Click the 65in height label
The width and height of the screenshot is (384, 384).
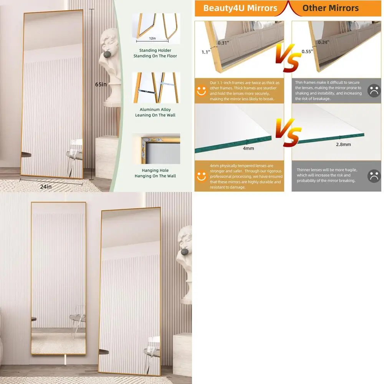101,84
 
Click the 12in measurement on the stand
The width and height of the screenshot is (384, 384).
152,38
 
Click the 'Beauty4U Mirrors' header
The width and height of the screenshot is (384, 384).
240,8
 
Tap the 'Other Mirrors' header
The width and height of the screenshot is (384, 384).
330,8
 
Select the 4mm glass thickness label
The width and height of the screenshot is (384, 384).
248,148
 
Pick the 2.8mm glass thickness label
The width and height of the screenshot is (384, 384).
343,144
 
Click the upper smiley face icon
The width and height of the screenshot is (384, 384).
202,91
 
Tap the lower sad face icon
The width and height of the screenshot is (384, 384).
374,176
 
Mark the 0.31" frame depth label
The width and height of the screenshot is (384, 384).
223,43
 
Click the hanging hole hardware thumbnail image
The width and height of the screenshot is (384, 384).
156,148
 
